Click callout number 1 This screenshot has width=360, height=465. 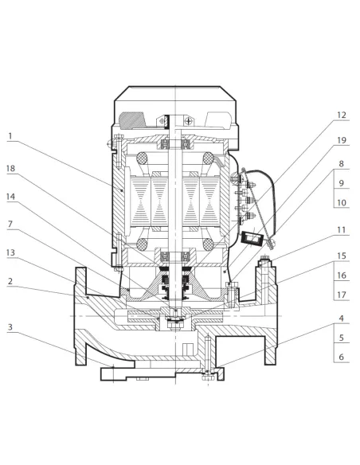[x=10, y=136]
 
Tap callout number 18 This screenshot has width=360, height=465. [x=10, y=169]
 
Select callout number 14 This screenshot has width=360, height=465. [x=10, y=197]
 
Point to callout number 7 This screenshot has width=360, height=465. [x=10, y=224]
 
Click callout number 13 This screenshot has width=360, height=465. [x=10, y=252]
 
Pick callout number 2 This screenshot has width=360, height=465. [x=10, y=281]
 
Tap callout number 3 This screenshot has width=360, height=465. [x=10, y=327]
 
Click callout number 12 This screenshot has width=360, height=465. [x=342, y=115]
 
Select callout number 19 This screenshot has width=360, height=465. [x=342, y=140]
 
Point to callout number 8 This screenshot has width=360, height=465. [x=342, y=164]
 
